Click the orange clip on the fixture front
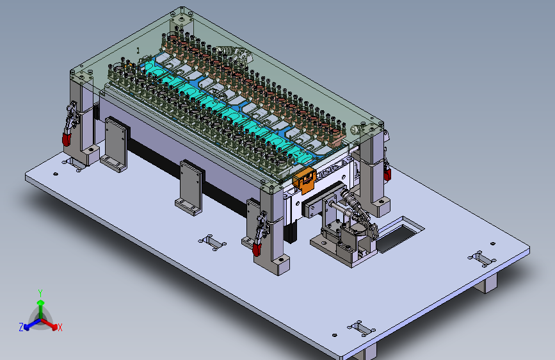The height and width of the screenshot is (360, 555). tap(304, 180)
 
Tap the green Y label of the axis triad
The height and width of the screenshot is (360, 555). tap(40, 293)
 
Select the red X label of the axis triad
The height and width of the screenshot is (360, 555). tap(60, 328)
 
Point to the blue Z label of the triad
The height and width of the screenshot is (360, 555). tap(21, 327)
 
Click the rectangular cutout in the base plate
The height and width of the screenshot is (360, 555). tap(400, 235)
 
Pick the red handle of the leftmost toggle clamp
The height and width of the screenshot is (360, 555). tap(67, 138)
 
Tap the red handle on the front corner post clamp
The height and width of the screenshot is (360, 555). tap(257, 249)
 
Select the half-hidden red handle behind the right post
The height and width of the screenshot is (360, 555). tap(387, 174)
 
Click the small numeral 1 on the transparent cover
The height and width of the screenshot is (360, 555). tap(138, 51)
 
